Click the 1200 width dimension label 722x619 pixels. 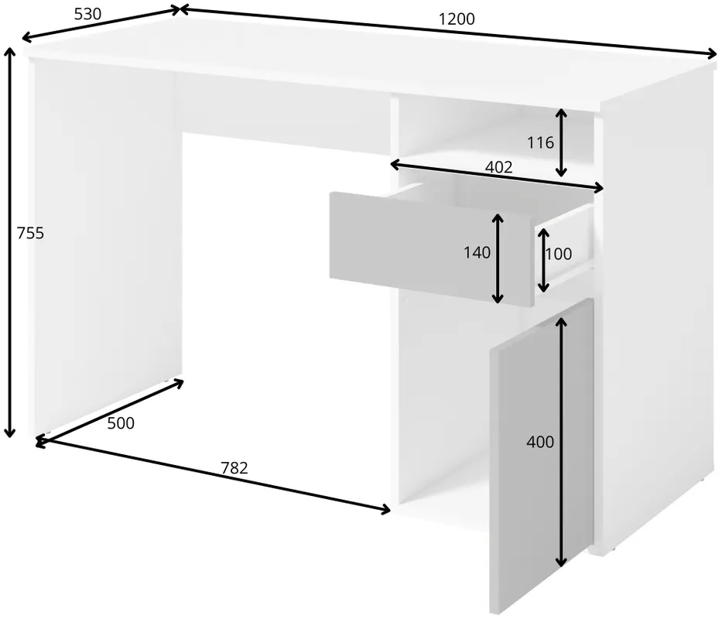457,19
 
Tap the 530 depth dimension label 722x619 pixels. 87,14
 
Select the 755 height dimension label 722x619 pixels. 30,233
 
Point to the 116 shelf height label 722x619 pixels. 540,143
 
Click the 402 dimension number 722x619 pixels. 498,166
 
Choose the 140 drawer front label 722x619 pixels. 477,252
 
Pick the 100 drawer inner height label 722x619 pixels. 559,254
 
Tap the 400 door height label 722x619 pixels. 540,442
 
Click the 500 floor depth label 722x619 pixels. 121,422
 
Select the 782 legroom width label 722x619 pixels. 234,468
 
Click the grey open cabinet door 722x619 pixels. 542,456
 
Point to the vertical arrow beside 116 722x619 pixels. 561,143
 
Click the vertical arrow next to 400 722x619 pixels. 561,442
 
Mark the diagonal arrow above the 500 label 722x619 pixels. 111,412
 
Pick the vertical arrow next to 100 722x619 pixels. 543,260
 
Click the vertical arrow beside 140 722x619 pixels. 498,258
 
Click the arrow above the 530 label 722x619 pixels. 101,23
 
